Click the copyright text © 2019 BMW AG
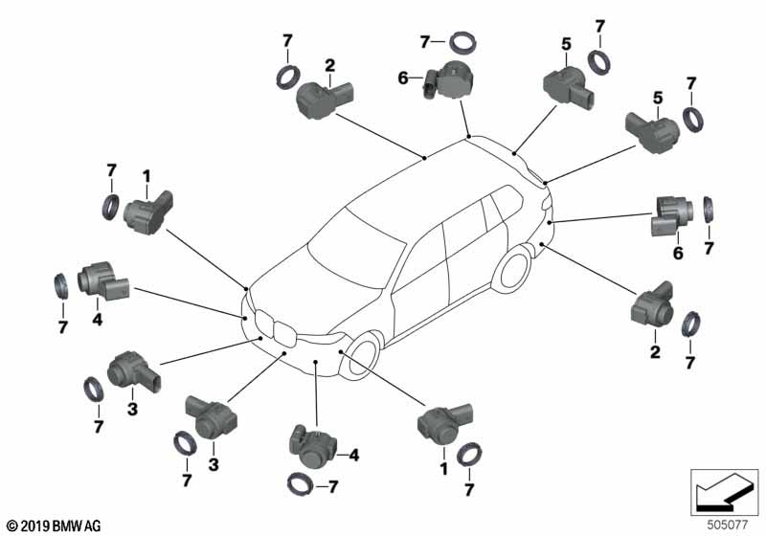pyautogui.click(x=46, y=525)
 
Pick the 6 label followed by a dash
pyautogui.click(x=404, y=78)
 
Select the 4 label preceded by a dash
pyautogui.click(x=352, y=457)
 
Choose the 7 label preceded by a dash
pyautogui.click(x=332, y=487)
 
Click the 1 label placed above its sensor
pyautogui.click(x=146, y=176)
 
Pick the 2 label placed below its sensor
pyautogui.click(x=655, y=352)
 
